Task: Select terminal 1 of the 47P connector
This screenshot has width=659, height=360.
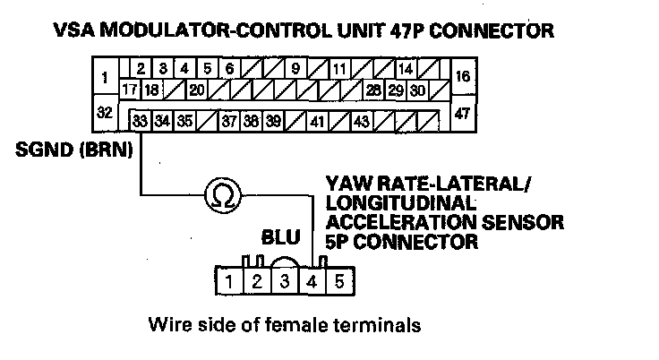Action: [x=105, y=78]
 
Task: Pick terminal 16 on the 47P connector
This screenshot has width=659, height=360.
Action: [x=463, y=78]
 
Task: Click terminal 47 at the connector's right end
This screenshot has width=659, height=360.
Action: [x=463, y=113]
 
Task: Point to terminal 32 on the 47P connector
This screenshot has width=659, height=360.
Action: [x=105, y=113]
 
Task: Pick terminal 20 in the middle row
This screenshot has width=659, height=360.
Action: [x=195, y=90]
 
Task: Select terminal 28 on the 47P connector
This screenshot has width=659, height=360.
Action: [x=373, y=90]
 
